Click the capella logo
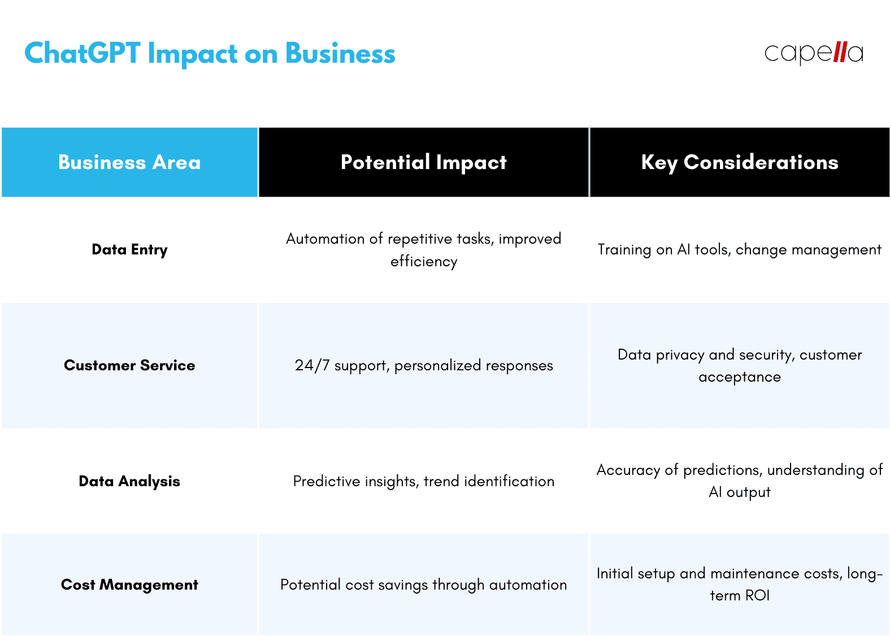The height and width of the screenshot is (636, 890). [x=813, y=53]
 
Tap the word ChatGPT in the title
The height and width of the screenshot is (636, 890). [x=82, y=54]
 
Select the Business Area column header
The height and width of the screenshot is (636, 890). [x=129, y=162]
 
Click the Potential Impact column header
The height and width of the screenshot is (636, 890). [x=423, y=162]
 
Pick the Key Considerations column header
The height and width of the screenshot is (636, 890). [x=739, y=162]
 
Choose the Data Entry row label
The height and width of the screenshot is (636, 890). [x=129, y=249]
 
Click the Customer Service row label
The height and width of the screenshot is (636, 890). [x=129, y=365]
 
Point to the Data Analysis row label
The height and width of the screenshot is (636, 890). [x=129, y=481]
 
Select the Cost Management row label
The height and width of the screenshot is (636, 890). [x=129, y=585]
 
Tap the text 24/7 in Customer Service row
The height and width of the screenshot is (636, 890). [x=312, y=365]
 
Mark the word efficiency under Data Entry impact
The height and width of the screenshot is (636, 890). [x=424, y=261]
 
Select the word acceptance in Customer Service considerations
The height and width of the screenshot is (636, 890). [x=739, y=377]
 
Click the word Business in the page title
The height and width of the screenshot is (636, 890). [x=340, y=54]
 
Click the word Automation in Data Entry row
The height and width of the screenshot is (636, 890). [x=325, y=239]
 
